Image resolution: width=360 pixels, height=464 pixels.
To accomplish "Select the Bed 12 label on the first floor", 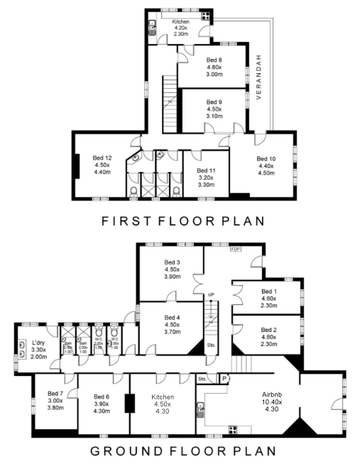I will (102, 158).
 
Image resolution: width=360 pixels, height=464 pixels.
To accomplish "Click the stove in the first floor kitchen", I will (205, 15).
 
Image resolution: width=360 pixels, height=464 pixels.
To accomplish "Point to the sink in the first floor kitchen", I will (152, 28).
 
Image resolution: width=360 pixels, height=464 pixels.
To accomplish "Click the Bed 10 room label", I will (266, 158).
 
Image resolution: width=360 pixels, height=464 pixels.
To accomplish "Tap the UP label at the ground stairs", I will (211, 295).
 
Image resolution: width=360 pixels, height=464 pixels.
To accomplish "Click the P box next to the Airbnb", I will (225, 379).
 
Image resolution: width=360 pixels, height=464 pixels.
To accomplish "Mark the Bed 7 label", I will (56, 393).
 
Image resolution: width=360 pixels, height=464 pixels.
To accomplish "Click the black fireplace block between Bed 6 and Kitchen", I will (130, 403).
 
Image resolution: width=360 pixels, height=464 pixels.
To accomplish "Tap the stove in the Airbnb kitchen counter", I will (232, 429).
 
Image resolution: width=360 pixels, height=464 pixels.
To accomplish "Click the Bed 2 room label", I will (268, 330).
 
